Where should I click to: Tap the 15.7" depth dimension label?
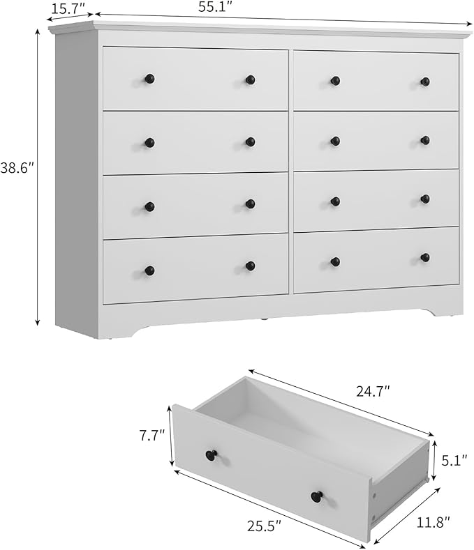tap(68, 8)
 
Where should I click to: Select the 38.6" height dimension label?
tap(17, 169)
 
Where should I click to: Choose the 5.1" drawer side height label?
tap(454, 460)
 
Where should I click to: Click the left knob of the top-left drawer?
tap(149, 79)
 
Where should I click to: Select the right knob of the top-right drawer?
tap(425, 82)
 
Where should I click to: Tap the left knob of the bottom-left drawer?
tap(149, 270)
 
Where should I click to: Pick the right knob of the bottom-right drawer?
tap(425, 257)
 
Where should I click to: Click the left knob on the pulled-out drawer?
tap(211, 455)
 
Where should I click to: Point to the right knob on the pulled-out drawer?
tap(317, 496)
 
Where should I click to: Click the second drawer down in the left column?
tap(195, 142)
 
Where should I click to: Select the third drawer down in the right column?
tap(376, 200)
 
